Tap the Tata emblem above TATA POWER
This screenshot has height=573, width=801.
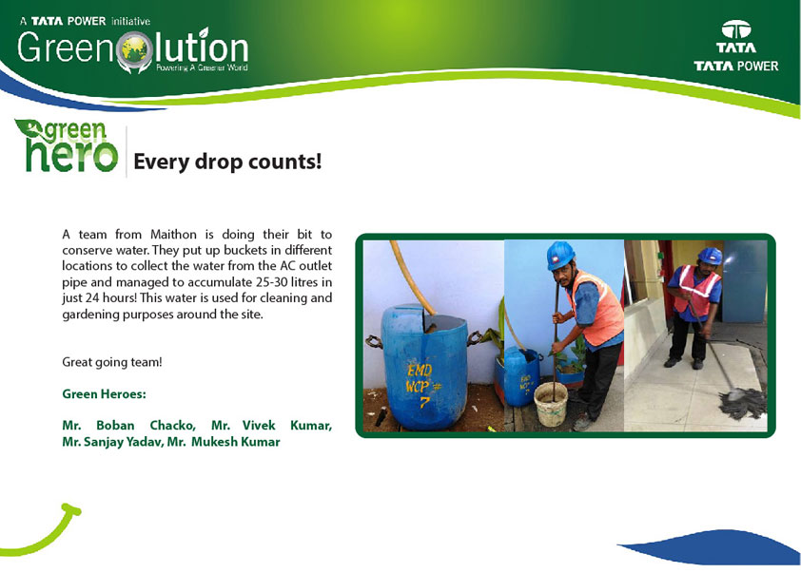coord(736,29)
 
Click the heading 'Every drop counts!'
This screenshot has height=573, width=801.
coord(227,162)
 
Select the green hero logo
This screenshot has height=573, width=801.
coord(67,145)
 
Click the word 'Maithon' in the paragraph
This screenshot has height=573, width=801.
coord(173,234)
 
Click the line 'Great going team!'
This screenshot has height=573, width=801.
coord(112,362)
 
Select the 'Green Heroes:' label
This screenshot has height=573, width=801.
coord(104,394)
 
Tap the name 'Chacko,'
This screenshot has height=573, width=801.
coord(173,426)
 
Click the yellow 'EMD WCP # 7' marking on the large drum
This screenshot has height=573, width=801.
coord(423,384)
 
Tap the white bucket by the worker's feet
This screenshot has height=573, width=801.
coord(551,404)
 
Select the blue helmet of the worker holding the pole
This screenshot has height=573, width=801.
coord(560,255)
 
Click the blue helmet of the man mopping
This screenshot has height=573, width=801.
coord(710,256)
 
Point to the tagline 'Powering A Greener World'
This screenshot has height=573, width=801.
coord(202,67)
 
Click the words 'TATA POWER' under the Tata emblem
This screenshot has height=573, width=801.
coord(736,66)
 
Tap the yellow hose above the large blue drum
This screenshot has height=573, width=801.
coord(411,277)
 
